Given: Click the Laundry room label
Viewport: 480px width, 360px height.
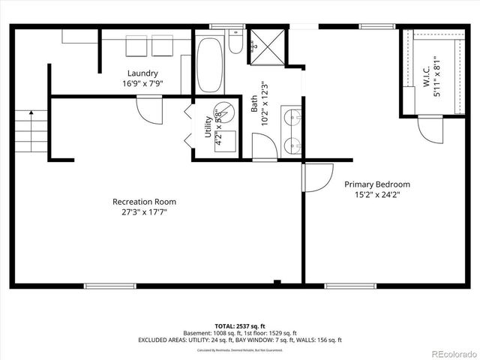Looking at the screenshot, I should (142, 73).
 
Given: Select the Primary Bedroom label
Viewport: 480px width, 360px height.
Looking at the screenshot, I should (377, 184).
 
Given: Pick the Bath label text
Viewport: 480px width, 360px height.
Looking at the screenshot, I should (254, 98).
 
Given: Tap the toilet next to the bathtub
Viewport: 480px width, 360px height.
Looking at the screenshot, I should (235, 46).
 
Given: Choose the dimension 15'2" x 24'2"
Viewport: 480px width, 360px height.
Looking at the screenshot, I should (377, 195).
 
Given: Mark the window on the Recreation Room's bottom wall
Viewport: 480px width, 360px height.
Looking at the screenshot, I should (106, 285).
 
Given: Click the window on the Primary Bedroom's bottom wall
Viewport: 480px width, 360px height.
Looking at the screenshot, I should (346, 285).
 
